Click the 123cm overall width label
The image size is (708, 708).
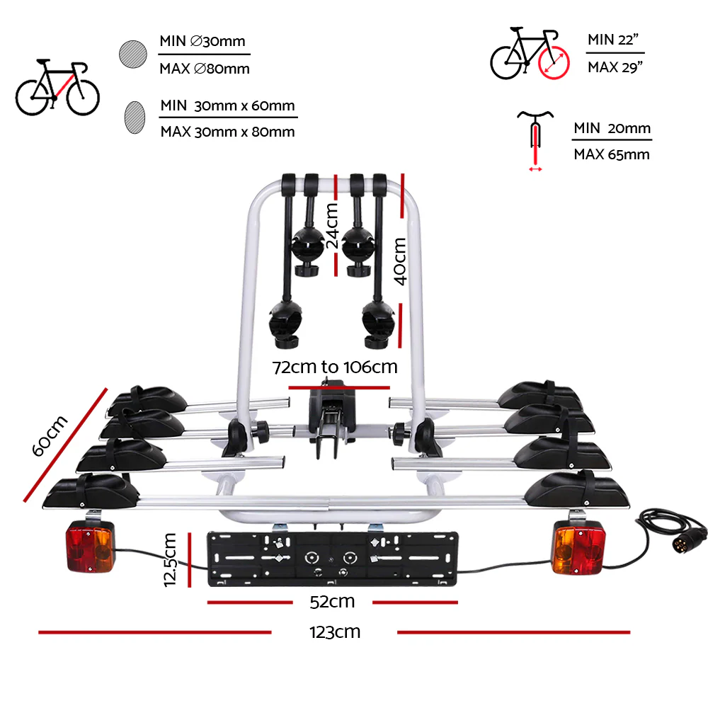(x=334, y=632)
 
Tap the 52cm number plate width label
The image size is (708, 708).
(x=332, y=602)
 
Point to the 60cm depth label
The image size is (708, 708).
(x=51, y=437)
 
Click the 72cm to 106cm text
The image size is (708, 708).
(x=336, y=367)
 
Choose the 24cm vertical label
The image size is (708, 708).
(x=331, y=224)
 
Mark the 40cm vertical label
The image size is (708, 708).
(x=401, y=260)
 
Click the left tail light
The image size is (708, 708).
(x=91, y=547)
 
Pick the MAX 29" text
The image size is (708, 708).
(x=615, y=67)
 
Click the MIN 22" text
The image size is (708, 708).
(x=614, y=40)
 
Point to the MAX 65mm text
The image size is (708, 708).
(x=611, y=154)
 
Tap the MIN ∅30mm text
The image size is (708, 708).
(x=204, y=41)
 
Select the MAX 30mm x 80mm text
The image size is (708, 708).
(x=227, y=132)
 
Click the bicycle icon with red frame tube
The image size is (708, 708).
(x=57, y=88)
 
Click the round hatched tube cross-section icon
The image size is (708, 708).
(x=132, y=55)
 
